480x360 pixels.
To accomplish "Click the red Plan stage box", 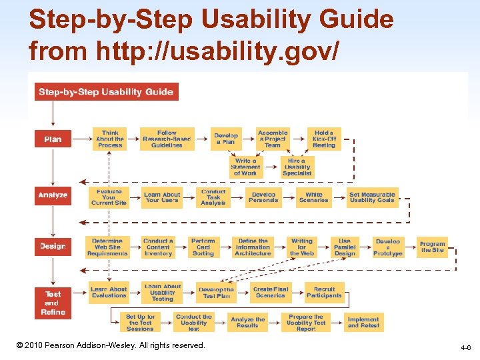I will pyautogui.click(x=53, y=139).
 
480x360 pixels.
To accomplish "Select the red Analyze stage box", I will pyautogui.click(x=53, y=195).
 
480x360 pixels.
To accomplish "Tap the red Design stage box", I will pyautogui.click(x=53, y=246).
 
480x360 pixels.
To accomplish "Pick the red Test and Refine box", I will pyautogui.click(x=53, y=303).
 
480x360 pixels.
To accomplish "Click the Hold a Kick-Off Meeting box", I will pyautogui.click(x=324, y=139).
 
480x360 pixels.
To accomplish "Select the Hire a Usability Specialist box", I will pyautogui.click(x=297, y=167).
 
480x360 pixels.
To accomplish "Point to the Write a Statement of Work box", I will pyautogui.click(x=245, y=167).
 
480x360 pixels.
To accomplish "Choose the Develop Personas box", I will pyautogui.click(x=263, y=197).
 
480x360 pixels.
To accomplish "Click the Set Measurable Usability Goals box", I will pyautogui.click(x=373, y=197).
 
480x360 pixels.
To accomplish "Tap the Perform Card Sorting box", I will pyautogui.click(x=203, y=247).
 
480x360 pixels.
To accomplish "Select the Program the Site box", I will pyautogui.click(x=432, y=246).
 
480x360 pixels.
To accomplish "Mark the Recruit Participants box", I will pyautogui.click(x=325, y=292).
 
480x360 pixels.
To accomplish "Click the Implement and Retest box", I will pyautogui.click(x=363, y=322).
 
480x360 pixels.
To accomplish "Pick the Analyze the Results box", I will pyautogui.click(x=247, y=322).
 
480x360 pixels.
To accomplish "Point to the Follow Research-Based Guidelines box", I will pyautogui.click(x=167, y=139).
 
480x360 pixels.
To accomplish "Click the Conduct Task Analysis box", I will pyautogui.click(x=213, y=197).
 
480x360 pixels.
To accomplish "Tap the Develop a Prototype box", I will pyautogui.click(x=388, y=247).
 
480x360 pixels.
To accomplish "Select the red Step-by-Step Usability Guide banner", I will pyautogui.click(x=107, y=91).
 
